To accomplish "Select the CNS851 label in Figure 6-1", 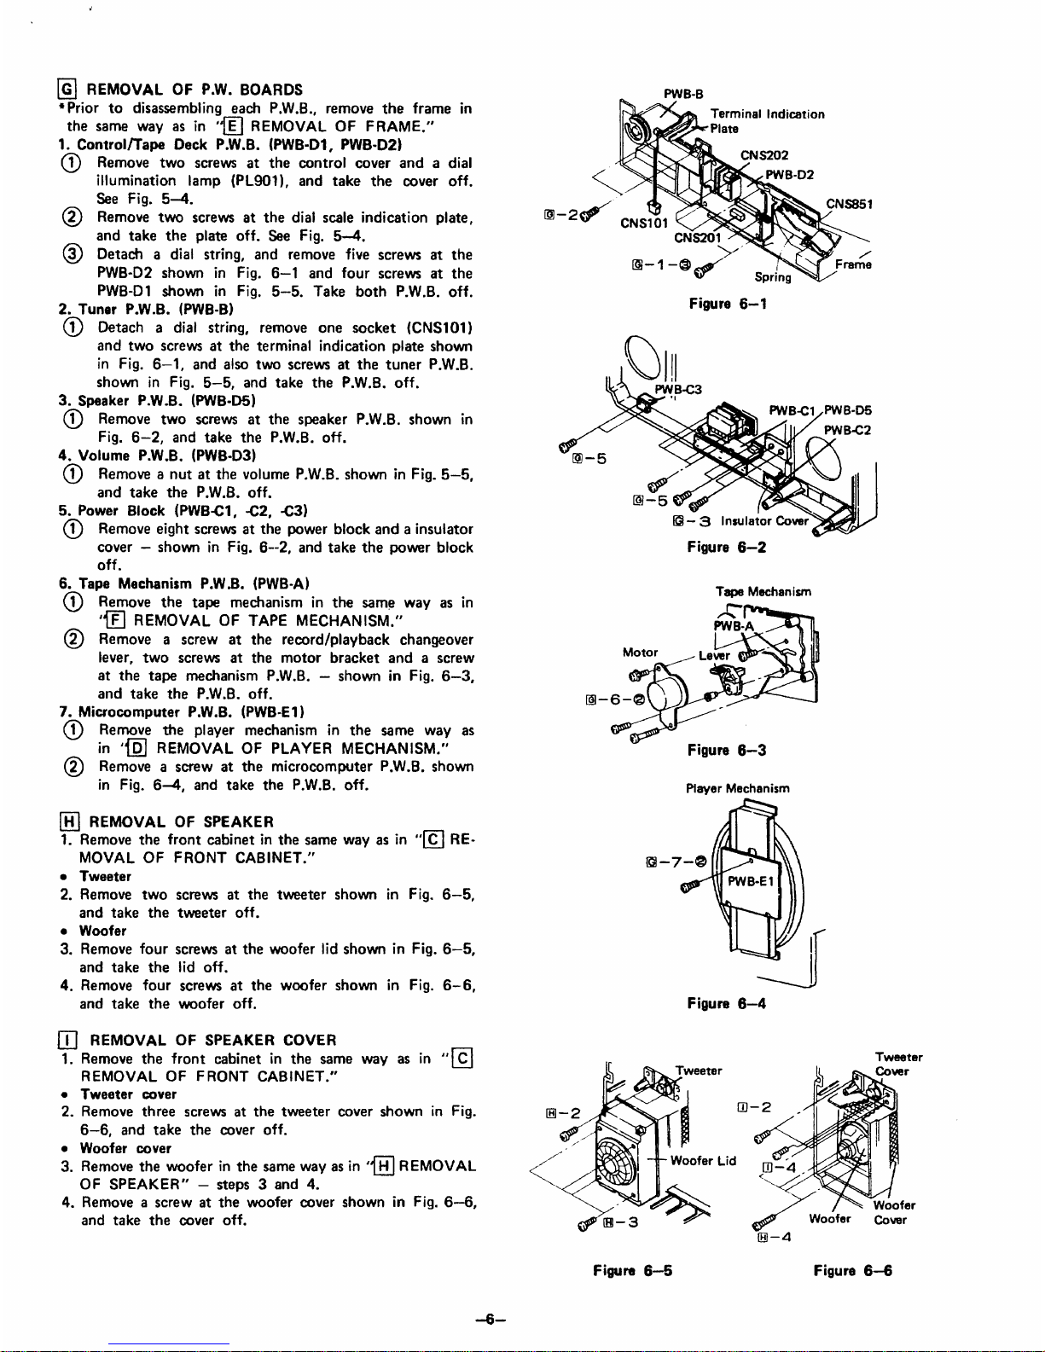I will click(x=849, y=204).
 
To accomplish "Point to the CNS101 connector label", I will click(x=643, y=223).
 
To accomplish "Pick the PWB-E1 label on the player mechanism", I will click(x=751, y=881).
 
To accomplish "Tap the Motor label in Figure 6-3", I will click(x=640, y=653).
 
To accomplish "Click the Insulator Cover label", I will click(x=764, y=521).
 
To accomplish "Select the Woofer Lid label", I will click(x=703, y=1160).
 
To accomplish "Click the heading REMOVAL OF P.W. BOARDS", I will click(x=194, y=90).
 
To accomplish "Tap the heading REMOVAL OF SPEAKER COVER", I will click(x=212, y=1040).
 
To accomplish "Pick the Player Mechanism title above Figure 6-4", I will click(x=737, y=788).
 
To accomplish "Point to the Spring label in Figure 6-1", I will click(x=773, y=276).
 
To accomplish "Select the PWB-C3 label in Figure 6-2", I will click(x=678, y=390).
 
